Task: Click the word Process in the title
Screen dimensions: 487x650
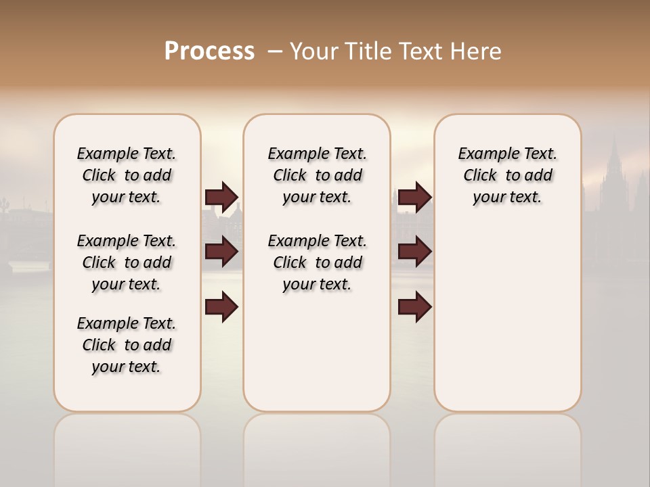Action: (x=209, y=51)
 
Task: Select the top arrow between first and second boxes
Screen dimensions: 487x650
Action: (x=221, y=197)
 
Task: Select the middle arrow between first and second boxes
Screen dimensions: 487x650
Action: (x=221, y=252)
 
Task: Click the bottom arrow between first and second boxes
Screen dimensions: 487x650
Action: (x=221, y=307)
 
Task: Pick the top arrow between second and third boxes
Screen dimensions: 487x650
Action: (x=414, y=197)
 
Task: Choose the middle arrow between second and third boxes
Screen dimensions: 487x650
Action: (x=414, y=252)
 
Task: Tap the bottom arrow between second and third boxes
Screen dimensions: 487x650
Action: (x=414, y=307)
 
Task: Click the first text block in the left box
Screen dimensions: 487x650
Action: (x=127, y=175)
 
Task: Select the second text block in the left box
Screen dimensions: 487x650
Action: (x=127, y=262)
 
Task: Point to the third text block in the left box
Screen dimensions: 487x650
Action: (x=127, y=345)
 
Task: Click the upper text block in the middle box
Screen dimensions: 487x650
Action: (x=318, y=175)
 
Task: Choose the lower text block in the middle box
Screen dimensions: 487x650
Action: (x=318, y=262)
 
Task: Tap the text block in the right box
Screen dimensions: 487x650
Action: (x=508, y=175)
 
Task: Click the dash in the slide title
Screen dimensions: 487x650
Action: (x=275, y=51)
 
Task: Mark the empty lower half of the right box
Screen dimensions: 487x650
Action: (x=508, y=325)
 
